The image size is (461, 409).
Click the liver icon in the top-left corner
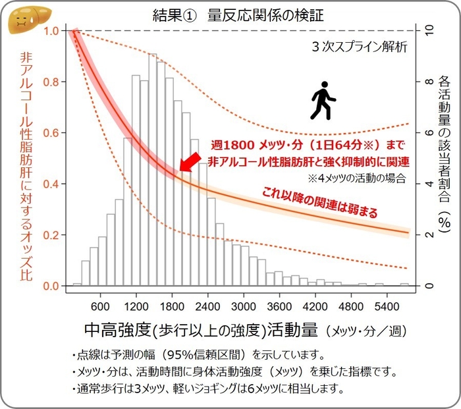(x=22, y=20)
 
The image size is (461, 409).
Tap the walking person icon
(x=322, y=100)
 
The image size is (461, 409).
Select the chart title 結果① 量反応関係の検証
(x=230, y=13)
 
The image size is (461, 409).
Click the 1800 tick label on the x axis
(x=172, y=306)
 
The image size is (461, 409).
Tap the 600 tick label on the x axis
(x=100, y=306)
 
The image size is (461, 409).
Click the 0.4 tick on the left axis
(x=51, y=184)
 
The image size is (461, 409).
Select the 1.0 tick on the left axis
(x=51, y=31)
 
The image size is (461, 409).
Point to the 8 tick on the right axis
(x=429, y=82)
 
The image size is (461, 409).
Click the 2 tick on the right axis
(x=429, y=235)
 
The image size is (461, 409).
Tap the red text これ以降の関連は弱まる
(x=321, y=202)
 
